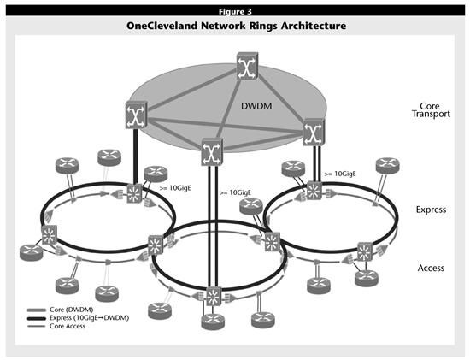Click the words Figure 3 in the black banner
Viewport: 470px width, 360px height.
[235, 11]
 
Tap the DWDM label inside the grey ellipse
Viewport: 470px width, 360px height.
[256, 106]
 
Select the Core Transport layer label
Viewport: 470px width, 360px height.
[431, 109]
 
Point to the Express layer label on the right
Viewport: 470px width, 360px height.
[431, 210]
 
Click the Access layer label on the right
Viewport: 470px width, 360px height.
[431, 268]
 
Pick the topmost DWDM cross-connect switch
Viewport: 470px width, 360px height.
[247, 66]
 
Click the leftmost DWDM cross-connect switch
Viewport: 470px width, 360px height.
[137, 115]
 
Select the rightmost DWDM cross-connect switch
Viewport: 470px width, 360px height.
[314, 132]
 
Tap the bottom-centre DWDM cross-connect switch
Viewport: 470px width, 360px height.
[212, 151]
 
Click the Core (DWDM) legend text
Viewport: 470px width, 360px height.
[71, 310]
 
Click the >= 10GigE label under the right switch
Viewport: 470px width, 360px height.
[340, 174]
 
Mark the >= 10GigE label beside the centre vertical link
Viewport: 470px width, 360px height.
[235, 192]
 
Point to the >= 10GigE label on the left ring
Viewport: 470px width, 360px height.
[175, 188]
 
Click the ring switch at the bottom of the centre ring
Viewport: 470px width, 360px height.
[214, 296]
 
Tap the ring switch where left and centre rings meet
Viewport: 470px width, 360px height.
[156, 245]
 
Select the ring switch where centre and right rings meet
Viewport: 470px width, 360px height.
[273, 241]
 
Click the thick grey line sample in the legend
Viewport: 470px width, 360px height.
[37, 310]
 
